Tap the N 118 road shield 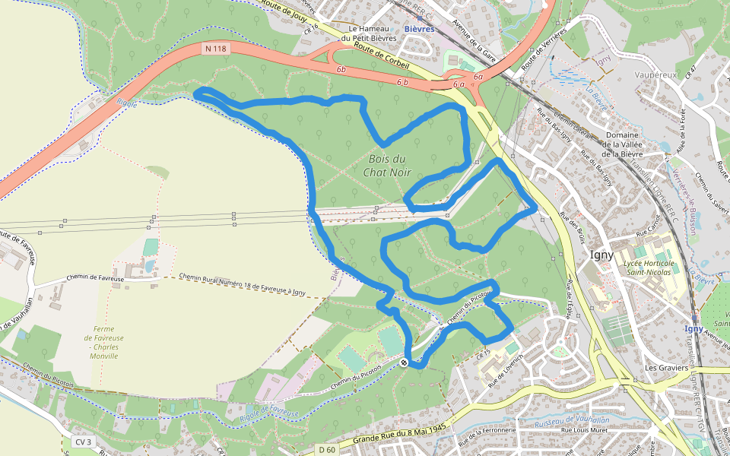(215, 49)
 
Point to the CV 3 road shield (83, 442)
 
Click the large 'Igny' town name (601, 255)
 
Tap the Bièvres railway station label (419, 29)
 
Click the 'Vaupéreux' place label (655, 76)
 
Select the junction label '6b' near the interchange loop (341, 70)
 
